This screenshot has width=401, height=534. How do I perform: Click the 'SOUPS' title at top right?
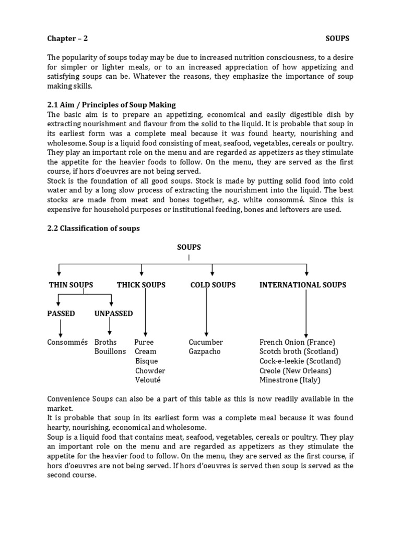(x=337, y=39)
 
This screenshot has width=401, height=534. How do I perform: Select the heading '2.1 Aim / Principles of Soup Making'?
(x=111, y=105)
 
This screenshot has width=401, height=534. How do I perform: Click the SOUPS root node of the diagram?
(x=189, y=247)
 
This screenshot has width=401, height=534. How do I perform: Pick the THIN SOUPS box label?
(x=71, y=285)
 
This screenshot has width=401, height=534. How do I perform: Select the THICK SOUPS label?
(x=141, y=285)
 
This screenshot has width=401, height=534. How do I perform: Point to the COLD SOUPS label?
(x=213, y=285)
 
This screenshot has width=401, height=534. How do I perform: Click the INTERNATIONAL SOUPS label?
(x=303, y=285)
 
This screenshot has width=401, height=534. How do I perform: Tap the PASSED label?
(x=61, y=313)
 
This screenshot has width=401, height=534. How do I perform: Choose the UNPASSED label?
(x=113, y=313)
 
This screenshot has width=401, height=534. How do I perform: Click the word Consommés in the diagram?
(x=67, y=342)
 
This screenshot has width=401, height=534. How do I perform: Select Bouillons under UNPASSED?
(x=110, y=351)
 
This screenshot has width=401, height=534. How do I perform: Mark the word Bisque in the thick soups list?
(x=146, y=361)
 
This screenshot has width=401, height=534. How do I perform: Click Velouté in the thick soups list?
(x=148, y=380)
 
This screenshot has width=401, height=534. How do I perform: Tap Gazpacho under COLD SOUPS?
(x=205, y=351)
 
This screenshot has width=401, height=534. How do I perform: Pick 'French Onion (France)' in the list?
(x=297, y=342)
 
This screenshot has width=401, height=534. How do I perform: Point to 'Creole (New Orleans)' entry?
(x=296, y=370)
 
